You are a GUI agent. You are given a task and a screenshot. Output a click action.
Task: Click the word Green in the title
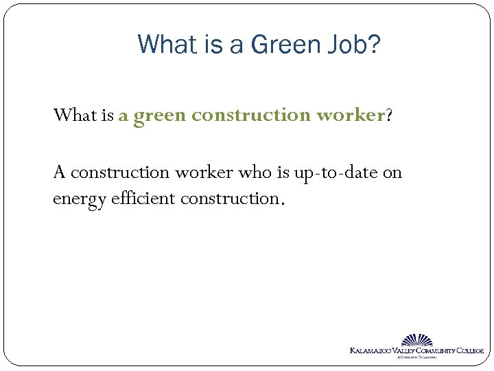point(284,45)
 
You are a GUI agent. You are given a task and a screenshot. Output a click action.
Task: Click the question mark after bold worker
point(390,115)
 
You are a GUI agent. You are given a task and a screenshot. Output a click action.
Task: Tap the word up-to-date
point(336,172)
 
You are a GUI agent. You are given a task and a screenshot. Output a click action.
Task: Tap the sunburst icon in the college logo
point(416,340)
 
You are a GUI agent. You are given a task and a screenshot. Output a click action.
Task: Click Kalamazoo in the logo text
point(371,351)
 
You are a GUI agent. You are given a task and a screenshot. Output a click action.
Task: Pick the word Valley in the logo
point(405,351)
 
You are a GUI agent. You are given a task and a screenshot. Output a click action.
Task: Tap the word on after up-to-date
point(392,172)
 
